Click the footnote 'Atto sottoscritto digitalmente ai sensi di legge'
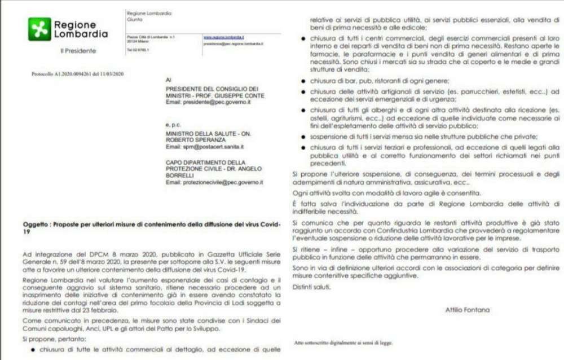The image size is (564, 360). pyautogui.click(x=343, y=343)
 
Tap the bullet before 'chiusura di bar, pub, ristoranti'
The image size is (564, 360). pyautogui.click(x=305, y=81)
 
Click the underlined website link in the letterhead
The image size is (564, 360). pyautogui.click(x=219, y=37)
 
